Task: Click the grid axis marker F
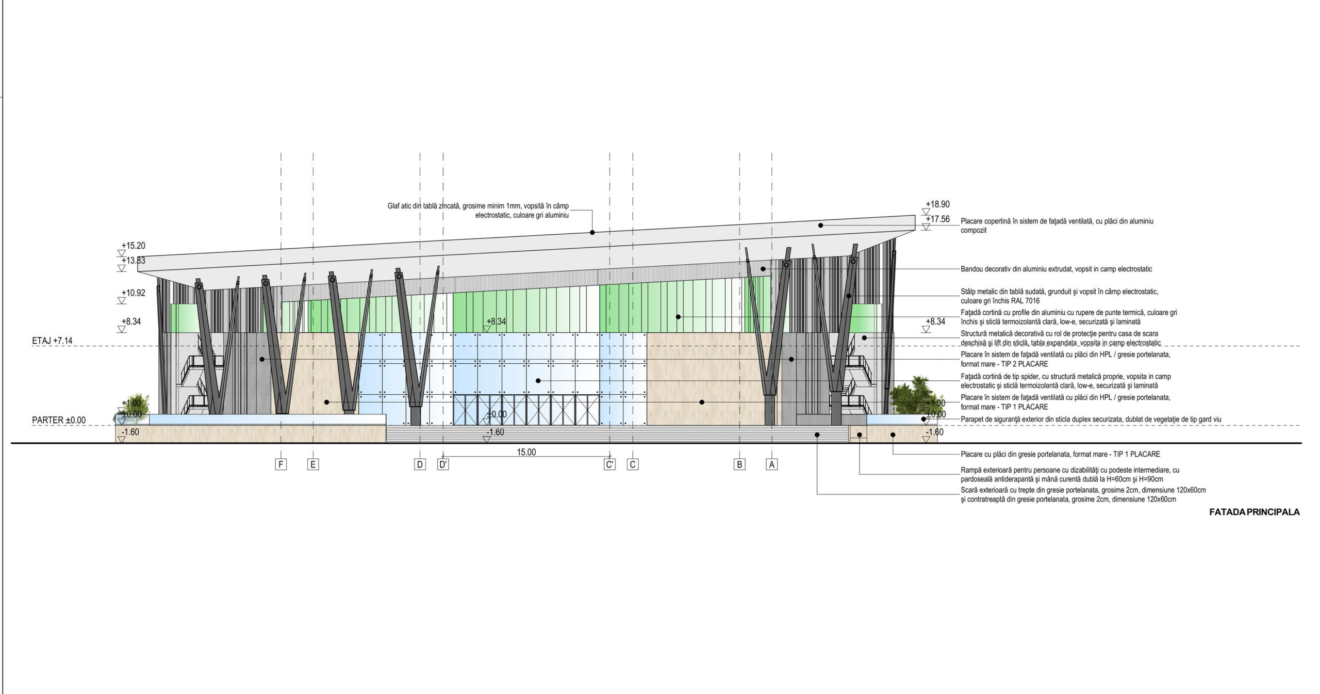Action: (281, 464)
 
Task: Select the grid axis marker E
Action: (313, 464)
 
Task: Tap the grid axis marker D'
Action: (443, 464)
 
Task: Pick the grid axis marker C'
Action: (609, 464)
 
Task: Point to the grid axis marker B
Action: (739, 464)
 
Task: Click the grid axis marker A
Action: (772, 464)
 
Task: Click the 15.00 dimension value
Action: (526, 453)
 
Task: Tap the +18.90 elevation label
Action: (937, 204)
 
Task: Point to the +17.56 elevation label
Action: (937, 219)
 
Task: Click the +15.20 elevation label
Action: (133, 246)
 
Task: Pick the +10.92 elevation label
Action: (133, 293)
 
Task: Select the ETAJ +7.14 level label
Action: (52, 341)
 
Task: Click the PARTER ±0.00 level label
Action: (59, 420)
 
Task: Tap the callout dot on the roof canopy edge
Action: (592, 233)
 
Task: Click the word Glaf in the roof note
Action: (394, 206)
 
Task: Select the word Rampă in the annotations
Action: (971, 471)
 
